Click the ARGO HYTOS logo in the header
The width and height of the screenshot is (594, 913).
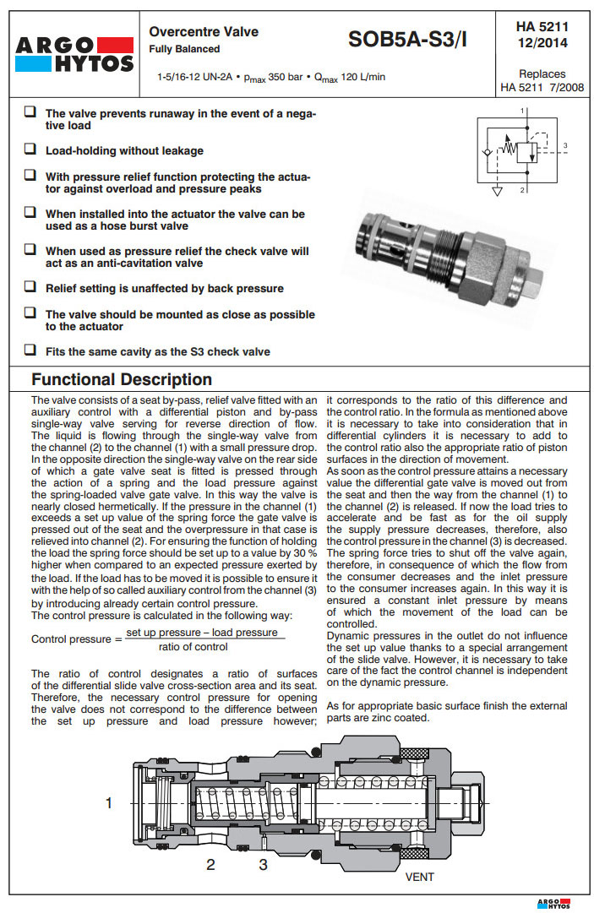click(x=74, y=52)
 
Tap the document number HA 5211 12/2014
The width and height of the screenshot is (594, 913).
click(x=542, y=35)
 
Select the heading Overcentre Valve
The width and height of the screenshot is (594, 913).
click(x=204, y=32)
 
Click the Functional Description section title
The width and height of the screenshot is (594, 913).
click(x=122, y=379)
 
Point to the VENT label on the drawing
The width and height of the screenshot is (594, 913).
click(x=419, y=877)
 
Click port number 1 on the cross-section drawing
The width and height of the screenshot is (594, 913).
click(x=108, y=803)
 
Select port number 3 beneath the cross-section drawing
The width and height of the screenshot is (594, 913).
click(x=263, y=864)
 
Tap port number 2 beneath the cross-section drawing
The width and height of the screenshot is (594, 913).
click(x=210, y=864)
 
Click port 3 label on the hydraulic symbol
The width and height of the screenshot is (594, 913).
click(x=564, y=146)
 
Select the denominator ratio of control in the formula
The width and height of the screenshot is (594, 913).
click(x=193, y=647)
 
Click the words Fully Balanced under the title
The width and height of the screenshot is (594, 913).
click(x=185, y=50)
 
